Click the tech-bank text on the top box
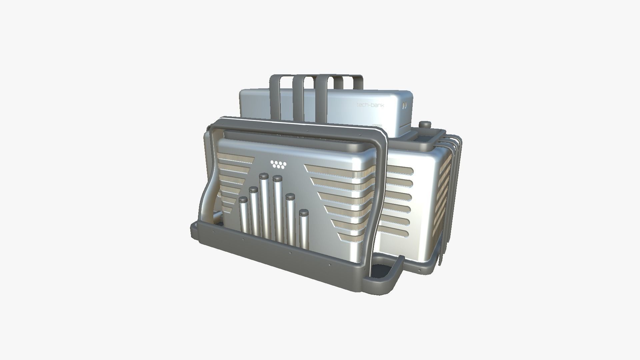(x=370, y=105)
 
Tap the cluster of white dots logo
(x=278, y=164)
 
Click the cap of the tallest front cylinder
(x=264, y=176)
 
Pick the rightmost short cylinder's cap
(x=303, y=212)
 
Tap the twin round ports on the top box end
(x=404, y=106)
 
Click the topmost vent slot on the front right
(x=337, y=169)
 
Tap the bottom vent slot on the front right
(x=353, y=237)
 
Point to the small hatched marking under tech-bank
(x=376, y=126)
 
